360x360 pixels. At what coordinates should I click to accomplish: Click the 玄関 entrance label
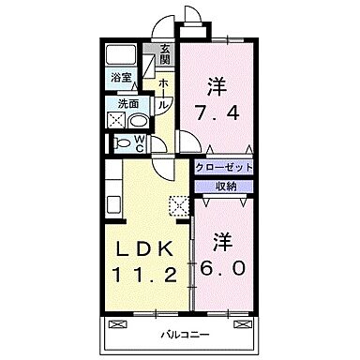tap(165, 55)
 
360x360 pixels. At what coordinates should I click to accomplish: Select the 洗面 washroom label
tap(127, 104)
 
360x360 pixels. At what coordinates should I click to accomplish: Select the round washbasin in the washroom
tap(137, 121)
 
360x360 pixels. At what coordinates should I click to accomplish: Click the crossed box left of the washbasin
tap(117, 121)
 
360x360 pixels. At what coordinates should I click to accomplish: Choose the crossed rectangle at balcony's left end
tap(117, 323)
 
